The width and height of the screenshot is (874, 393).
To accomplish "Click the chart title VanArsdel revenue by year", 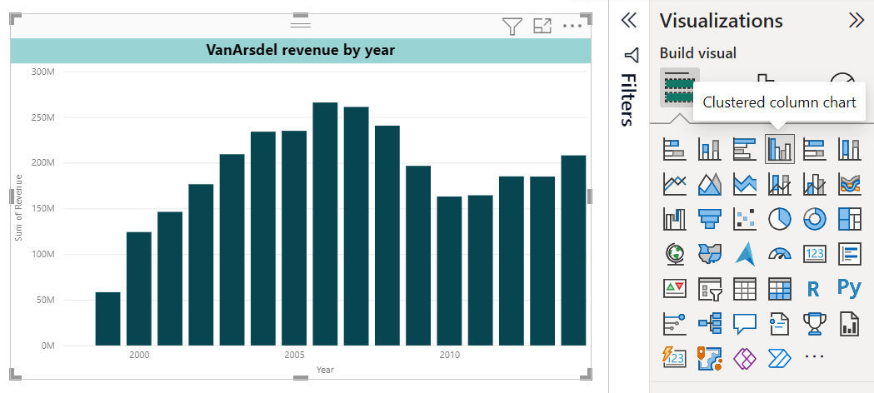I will point(300,51).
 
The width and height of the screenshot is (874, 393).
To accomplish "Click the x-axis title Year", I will point(325,369).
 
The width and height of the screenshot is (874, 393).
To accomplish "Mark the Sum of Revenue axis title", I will point(18,208).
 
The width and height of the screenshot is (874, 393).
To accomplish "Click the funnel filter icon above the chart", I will point(512,26).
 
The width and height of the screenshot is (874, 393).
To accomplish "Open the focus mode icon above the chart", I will point(542,26).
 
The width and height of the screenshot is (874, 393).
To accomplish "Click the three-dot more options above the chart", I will point(572,26).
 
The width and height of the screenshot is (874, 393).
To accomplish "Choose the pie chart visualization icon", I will point(779,218).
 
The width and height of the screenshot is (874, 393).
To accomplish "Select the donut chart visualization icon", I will point(814,218).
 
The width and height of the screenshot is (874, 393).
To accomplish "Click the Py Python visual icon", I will point(849,288).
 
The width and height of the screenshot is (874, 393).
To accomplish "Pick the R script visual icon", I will point(814,289).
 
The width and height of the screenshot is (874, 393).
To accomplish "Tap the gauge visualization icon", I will point(779,253).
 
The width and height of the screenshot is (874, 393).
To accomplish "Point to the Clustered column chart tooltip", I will point(779,102).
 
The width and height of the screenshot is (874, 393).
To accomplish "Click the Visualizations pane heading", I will point(722,21).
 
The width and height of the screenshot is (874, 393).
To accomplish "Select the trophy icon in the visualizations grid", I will point(814,323).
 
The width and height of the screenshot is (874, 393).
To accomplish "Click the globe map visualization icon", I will point(674,253).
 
